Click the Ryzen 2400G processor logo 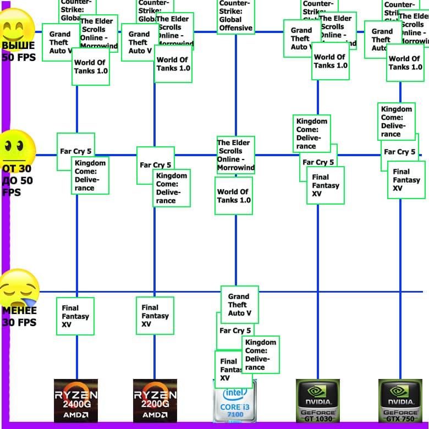click(76, 400)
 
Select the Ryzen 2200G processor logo click(155, 400)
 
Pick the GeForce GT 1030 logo click(317, 400)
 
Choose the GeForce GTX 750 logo click(400, 400)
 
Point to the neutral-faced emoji click(18, 147)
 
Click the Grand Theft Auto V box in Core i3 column click(239, 305)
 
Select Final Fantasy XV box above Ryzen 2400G click(75, 316)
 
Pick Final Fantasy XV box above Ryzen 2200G click(155, 316)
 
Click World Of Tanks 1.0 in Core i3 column click(234, 196)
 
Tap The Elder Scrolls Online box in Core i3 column click(235, 155)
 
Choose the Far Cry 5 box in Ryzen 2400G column click(75, 151)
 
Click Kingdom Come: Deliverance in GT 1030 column click(312, 133)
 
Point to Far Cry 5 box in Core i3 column click(235, 331)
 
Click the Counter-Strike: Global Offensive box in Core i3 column click(235, 16)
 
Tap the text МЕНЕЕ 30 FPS click(19, 317)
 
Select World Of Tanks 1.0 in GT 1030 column click(331, 61)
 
